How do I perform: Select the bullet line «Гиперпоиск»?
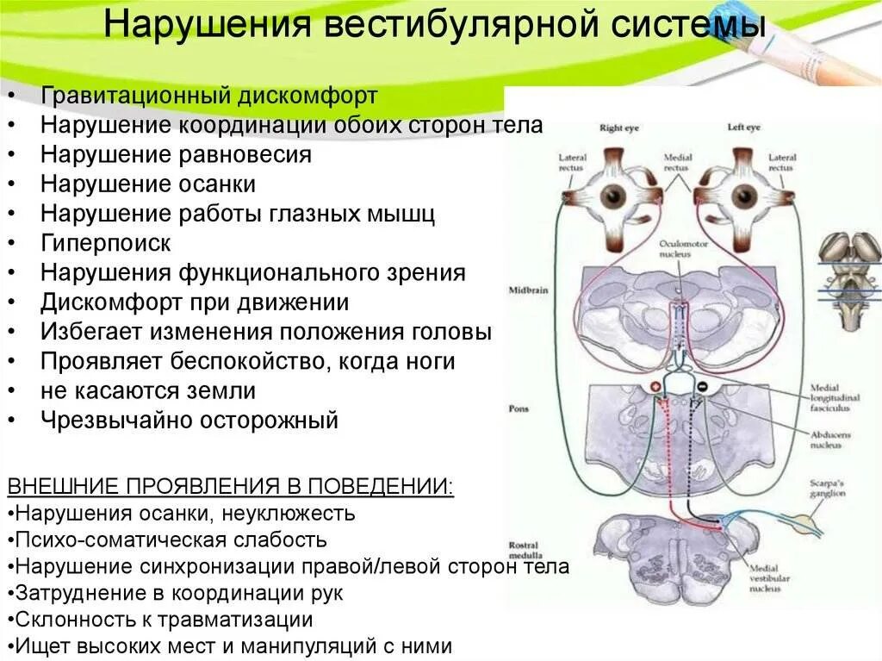pyautogui.click(x=106, y=243)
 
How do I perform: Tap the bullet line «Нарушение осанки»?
pyautogui.click(x=147, y=184)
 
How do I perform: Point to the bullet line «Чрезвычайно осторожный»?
pyautogui.click(x=189, y=421)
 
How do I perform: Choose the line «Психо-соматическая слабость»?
pyautogui.click(x=171, y=540)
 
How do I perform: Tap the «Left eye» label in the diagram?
pyautogui.click(x=744, y=128)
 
